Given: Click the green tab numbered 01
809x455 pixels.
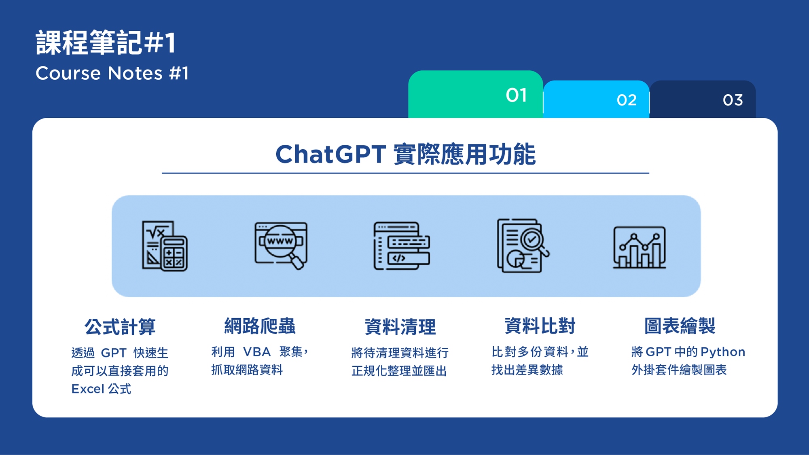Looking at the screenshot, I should click(x=475, y=95).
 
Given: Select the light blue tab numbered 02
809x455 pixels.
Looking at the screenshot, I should click(x=596, y=99).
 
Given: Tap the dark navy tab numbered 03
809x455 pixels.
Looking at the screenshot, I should click(x=703, y=99).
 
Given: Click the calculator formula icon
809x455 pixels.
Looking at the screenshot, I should click(x=165, y=245).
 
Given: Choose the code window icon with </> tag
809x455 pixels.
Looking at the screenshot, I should click(x=402, y=245).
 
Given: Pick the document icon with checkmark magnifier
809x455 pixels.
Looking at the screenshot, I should click(x=523, y=245).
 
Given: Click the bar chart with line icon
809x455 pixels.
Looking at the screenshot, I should click(x=640, y=247).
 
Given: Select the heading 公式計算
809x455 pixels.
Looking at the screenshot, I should click(x=120, y=326).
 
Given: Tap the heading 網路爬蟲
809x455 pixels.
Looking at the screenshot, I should click(x=260, y=326).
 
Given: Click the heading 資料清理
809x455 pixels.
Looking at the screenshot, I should click(x=400, y=326).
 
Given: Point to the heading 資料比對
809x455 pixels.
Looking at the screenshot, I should click(x=540, y=326).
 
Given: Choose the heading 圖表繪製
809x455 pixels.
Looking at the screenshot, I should click(x=680, y=326).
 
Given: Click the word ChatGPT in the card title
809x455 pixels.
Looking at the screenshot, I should click(x=330, y=154).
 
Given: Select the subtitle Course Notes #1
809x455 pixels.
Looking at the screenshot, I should click(x=112, y=73).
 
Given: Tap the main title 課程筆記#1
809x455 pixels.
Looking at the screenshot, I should click(x=106, y=42).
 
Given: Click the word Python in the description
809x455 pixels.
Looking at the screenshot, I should click(x=723, y=352).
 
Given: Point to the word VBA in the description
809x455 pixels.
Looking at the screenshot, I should click(x=257, y=352).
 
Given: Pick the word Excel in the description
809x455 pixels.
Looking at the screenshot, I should click(x=88, y=389).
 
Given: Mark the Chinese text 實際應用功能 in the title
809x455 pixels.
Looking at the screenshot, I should click(x=465, y=154).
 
